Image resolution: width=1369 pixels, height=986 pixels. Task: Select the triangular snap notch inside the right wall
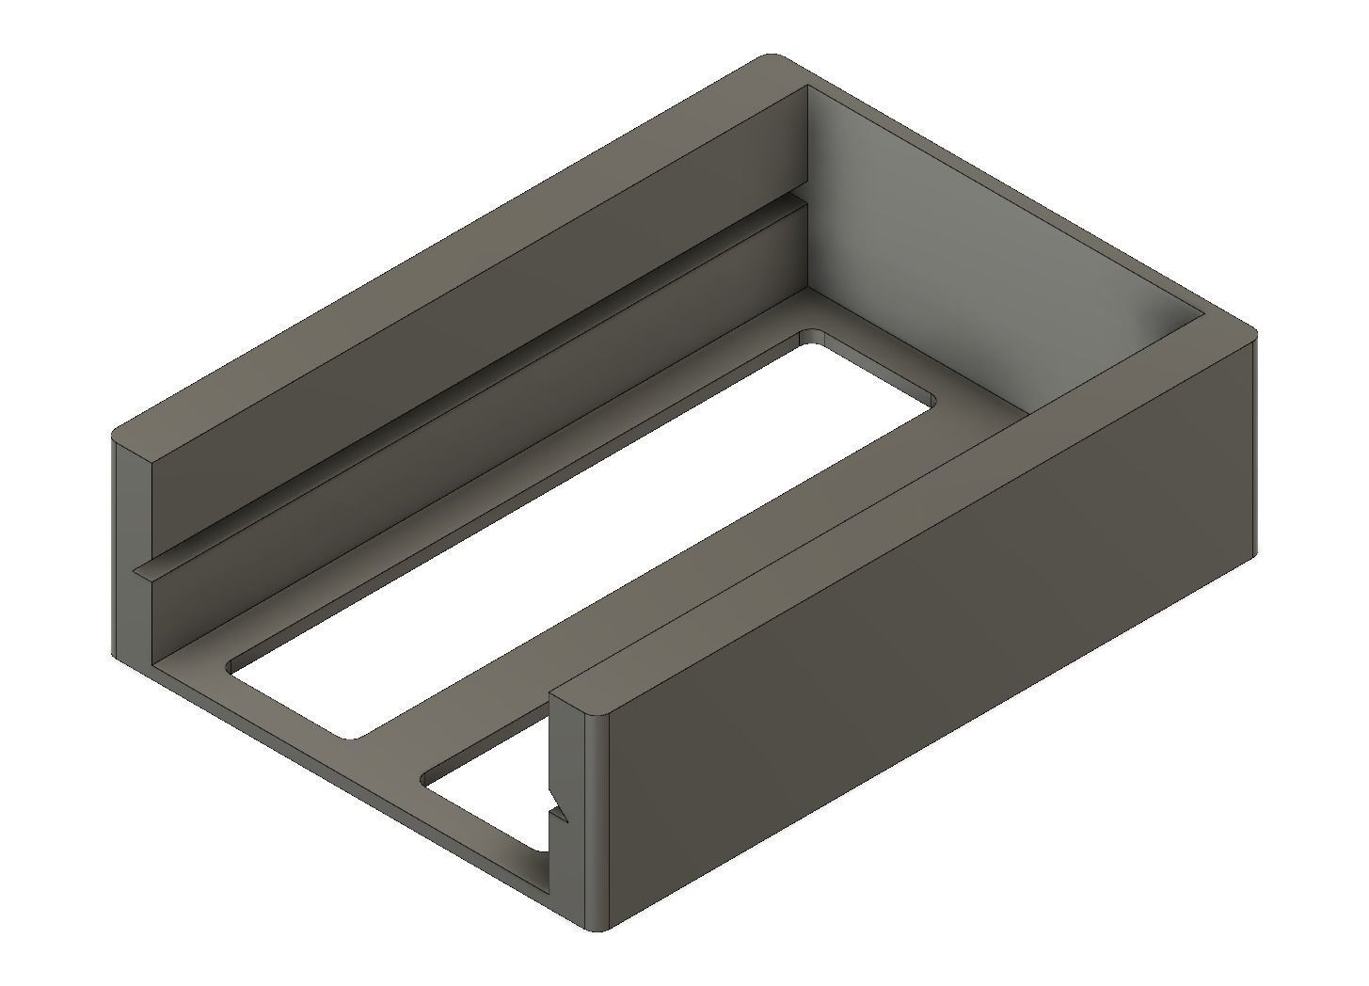point(557,809)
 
